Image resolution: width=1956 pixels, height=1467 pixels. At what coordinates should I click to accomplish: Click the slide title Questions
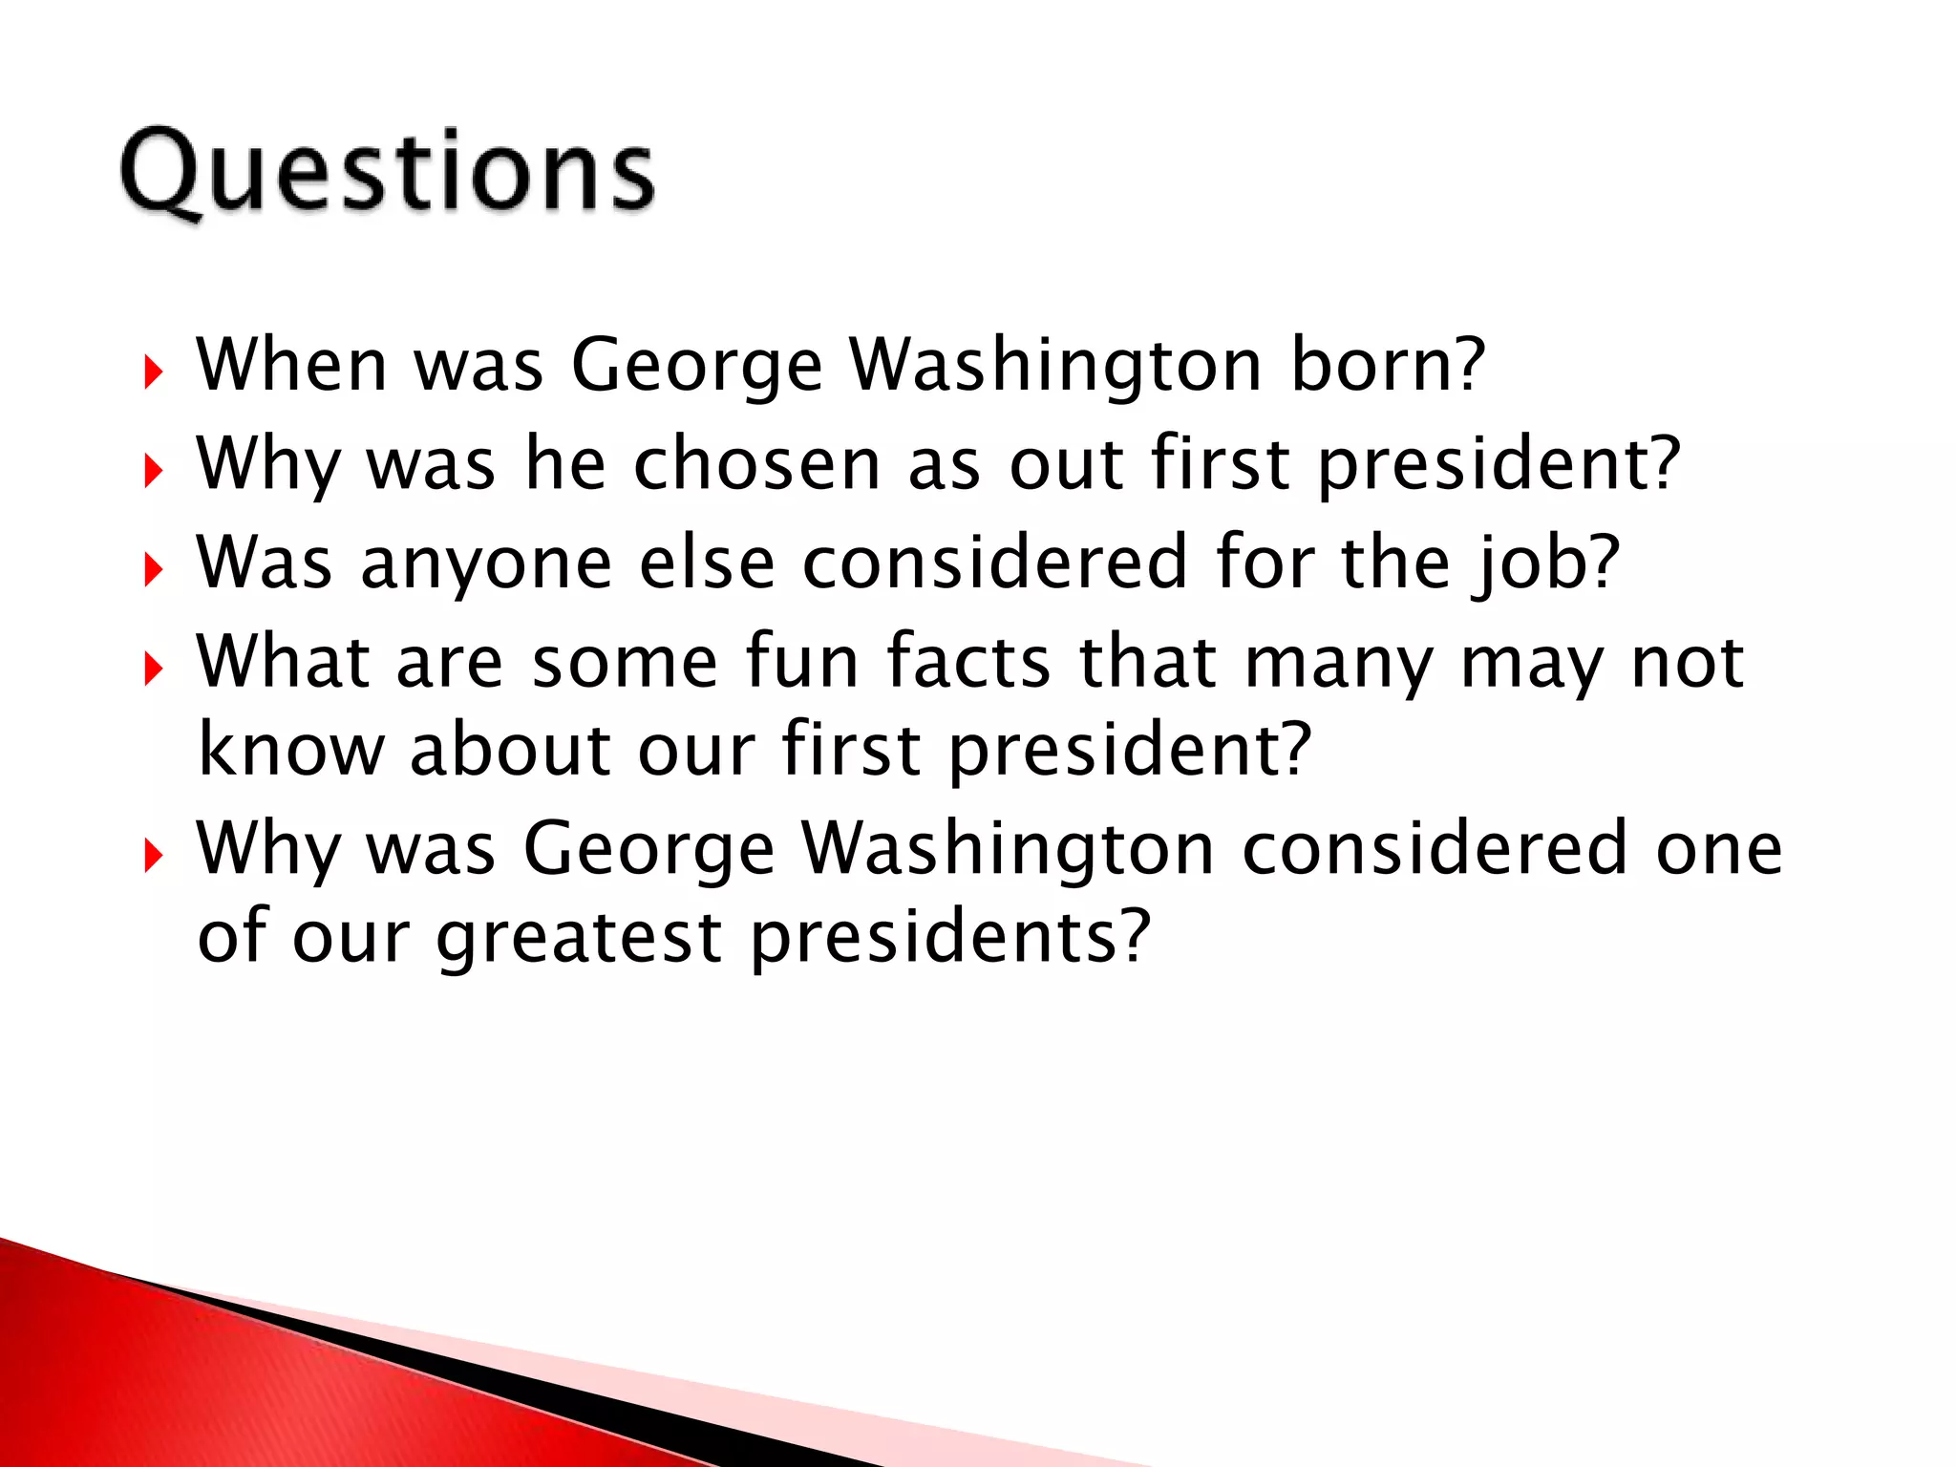(387, 172)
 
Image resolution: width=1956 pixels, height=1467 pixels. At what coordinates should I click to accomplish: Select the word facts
(968, 661)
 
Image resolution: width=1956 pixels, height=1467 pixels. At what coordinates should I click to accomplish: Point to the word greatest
(578, 938)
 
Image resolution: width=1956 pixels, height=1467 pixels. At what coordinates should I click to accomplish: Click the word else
(706, 563)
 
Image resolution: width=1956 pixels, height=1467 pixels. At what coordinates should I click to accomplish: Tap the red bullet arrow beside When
(153, 372)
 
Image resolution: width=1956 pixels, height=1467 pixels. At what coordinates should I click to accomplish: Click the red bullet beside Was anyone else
(153, 570)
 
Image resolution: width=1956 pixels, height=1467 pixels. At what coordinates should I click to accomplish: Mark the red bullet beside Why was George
(153, 856)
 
